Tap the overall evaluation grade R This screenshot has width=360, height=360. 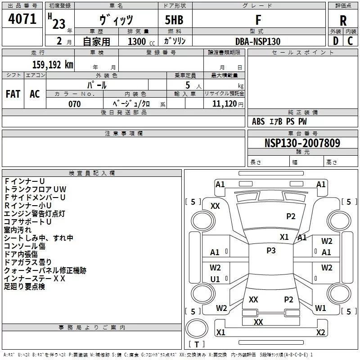[x=343, y=21]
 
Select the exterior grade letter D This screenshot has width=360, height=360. [x=335, y=41]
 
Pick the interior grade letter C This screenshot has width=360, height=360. [x=350, y=41]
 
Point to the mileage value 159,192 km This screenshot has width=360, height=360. [x=52, y=64]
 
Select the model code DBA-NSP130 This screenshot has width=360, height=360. [x=258, y=41]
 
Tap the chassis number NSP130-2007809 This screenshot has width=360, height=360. [x=302, y=144]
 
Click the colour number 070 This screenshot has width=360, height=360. [x=75, y=104]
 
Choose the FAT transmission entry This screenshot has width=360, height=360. [x=13, y=94]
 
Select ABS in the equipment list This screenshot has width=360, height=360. [x=258, y=121]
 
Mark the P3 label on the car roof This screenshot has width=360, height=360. [x=271, y=251]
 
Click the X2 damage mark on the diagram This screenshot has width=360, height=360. [x=320, y=333]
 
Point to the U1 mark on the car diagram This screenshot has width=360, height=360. [x=215, y=279]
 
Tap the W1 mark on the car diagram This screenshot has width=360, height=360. [x=320, y=308]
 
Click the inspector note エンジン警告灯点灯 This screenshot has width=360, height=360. [x=35, y=213]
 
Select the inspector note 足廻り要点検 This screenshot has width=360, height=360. [x=24, y=286]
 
